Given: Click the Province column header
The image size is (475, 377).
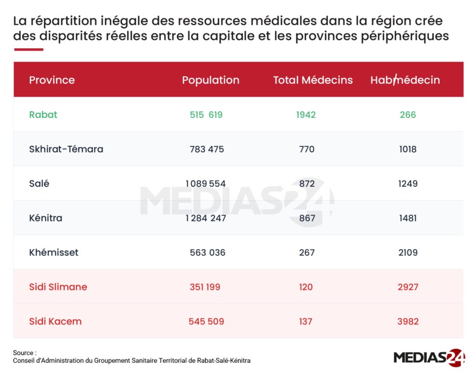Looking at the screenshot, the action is point(52,80).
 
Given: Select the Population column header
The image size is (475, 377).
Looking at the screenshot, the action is point(211,80).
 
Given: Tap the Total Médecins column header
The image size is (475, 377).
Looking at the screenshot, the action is point(313,80).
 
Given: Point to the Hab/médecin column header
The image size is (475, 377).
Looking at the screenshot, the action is point(405,80).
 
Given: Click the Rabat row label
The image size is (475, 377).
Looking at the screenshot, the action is point(43,115).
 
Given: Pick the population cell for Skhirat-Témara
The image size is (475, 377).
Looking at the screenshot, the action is point(207,149).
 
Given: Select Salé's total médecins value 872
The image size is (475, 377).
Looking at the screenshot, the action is point(307,184).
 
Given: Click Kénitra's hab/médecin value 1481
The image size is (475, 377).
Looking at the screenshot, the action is point(408,218).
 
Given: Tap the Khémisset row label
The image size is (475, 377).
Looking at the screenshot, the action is point(54,252).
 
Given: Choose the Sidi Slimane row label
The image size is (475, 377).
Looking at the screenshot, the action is point(58,287).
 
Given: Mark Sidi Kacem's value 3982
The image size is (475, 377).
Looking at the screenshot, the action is point(408,321).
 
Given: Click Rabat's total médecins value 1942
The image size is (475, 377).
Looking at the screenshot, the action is point(306,115).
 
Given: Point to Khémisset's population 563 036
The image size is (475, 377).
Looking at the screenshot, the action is point(207,253).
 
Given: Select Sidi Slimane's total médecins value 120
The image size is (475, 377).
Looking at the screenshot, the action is point(306,287).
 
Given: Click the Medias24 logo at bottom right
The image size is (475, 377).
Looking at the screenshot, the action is point(429,358).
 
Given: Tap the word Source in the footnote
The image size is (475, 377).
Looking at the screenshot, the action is point(23,353).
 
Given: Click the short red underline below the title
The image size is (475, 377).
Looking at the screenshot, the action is point(29,49).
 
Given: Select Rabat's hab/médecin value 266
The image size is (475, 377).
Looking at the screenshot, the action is point(408,115).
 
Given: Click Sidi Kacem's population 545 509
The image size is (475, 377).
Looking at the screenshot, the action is point(206,321).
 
